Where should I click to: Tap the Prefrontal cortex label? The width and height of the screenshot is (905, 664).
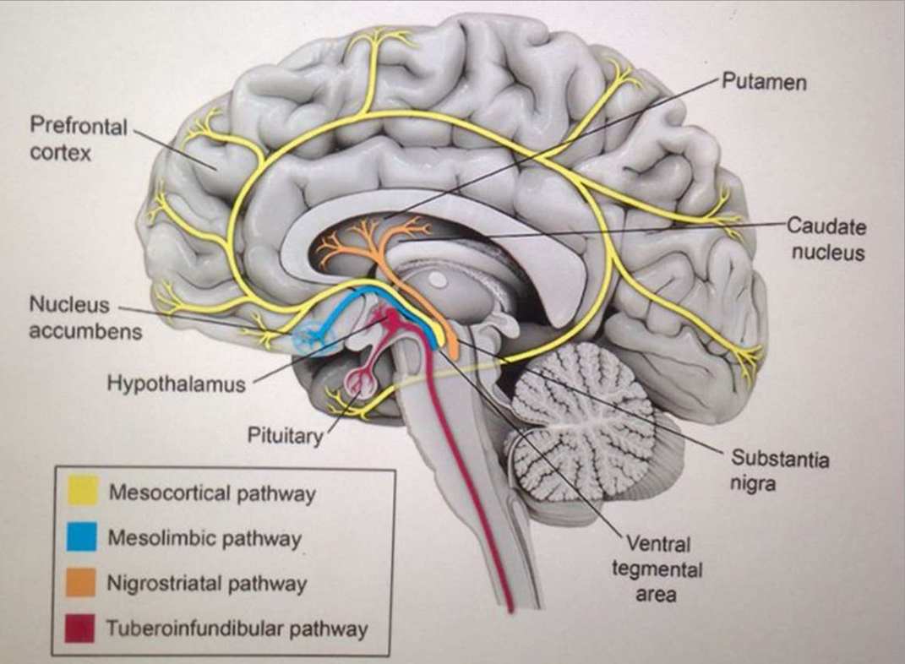(78, 139)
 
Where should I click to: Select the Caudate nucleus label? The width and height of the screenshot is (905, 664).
(827, 239)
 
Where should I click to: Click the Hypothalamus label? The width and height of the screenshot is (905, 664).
(176, 384)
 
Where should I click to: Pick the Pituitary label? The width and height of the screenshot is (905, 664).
(285, 436)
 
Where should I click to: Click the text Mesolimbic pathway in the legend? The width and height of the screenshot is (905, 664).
(204, 538)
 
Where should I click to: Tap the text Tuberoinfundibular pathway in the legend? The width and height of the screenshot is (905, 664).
(237, 629)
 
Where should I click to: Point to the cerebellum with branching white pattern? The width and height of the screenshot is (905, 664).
(583, 422)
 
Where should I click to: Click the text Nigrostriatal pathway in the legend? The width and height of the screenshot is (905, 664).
(207, 584)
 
